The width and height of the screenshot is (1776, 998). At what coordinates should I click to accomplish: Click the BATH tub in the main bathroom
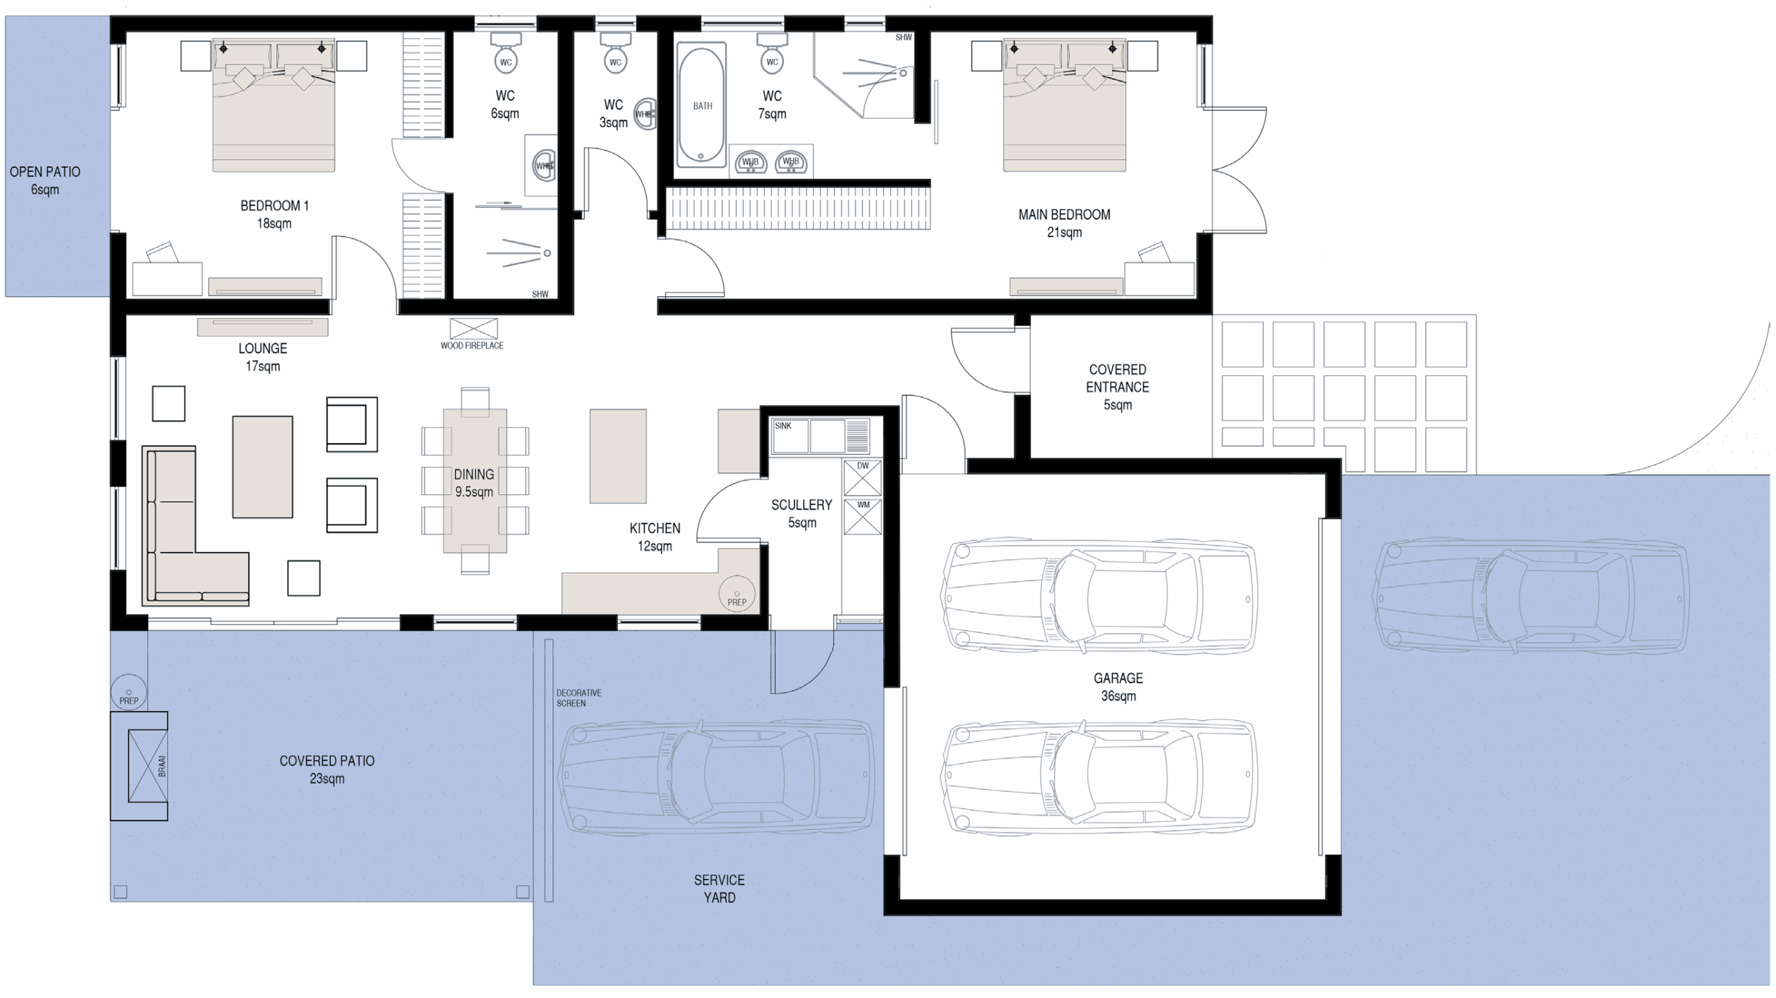[701, 105]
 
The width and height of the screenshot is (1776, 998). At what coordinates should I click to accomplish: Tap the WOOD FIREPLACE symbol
[473, 329]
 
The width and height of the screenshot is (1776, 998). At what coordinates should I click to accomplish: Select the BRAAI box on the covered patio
[148, 766]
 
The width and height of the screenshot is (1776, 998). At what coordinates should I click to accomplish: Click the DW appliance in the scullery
[862, 478]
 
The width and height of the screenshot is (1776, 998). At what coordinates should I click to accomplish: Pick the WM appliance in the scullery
[862, 517]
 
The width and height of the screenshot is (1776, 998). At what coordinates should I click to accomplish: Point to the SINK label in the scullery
[783, 426]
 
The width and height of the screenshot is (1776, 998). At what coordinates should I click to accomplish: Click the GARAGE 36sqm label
[1118, 687]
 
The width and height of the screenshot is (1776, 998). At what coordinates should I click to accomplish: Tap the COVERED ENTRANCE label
[1118, 387]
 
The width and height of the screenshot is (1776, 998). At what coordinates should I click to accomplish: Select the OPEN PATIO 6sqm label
[45, 180]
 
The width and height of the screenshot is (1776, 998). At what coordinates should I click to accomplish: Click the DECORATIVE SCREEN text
[579, 698]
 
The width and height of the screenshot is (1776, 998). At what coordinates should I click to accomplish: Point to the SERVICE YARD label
[719, 888]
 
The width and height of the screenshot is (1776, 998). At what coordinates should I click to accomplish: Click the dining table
[475, 481]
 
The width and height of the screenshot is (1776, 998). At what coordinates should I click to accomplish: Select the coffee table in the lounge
[262, 467]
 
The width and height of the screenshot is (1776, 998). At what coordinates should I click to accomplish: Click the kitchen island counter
[617, 456]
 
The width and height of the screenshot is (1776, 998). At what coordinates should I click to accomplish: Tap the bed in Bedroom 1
[274, 105]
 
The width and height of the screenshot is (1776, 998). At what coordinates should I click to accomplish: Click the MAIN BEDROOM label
[1064, 223]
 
